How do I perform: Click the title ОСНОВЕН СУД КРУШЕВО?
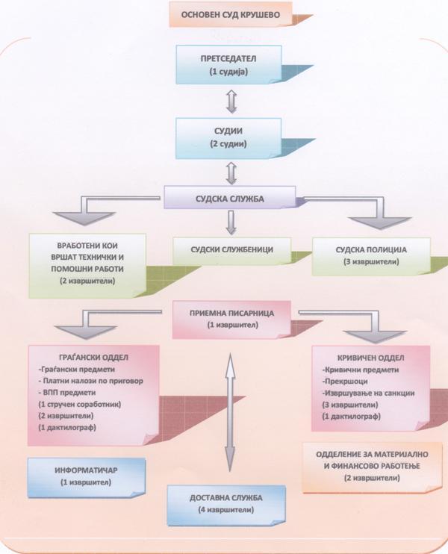click(x=231, y=15)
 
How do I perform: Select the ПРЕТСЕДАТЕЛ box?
click(x=228, y=65)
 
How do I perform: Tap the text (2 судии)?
click(x=228, y=144)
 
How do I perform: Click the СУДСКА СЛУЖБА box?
click(x=230, y=198)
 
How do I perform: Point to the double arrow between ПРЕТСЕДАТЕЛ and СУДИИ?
click(x=231, y=102)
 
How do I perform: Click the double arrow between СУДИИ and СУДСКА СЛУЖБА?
click(x=231, y=173)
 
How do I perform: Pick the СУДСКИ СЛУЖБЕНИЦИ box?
click(x=231, y=251)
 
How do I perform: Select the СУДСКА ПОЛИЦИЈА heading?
click(x=371, y=250)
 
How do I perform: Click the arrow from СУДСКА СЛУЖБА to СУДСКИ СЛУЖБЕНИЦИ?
click(x=231, y=222)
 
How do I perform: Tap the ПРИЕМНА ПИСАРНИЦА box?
click(x=231, y=320)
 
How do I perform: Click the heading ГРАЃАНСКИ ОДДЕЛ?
click(x=93, y=357)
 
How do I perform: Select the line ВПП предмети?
click(x=67, y=393)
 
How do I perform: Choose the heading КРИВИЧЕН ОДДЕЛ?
click(x=370, y=358)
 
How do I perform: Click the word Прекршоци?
click(x=346, y=382)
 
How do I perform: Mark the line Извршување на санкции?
click(x=369, y=393)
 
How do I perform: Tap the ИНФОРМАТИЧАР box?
click(x=87, y=478)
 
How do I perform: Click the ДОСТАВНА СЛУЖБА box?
click(x=226, y=505)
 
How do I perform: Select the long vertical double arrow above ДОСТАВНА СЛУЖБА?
click(x=231, y=412)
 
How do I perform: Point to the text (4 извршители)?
click(x=226, y=510)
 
